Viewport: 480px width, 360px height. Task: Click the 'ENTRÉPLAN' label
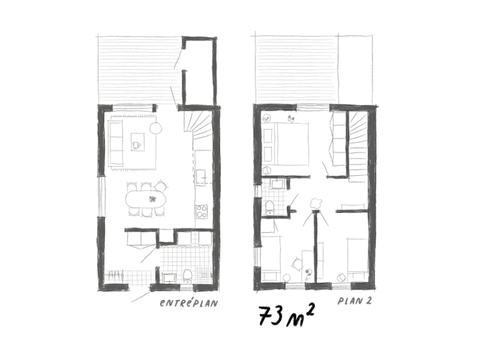pos(189,303)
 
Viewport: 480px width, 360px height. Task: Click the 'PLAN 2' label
pos(354,300)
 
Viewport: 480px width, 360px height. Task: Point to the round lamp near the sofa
pos(156,128)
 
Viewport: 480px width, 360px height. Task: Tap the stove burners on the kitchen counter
pos(202,211)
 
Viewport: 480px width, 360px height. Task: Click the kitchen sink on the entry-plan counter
pos(200,174)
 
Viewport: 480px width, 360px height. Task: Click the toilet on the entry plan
pos(187,274)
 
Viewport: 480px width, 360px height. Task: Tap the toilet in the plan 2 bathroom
pos(270,207)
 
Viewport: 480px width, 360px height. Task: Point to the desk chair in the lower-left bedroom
pos(298,263)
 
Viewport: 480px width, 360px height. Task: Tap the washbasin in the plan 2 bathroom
pos(278,185)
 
